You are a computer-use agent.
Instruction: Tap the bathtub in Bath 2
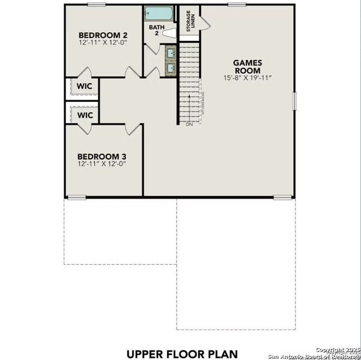coord(157,13)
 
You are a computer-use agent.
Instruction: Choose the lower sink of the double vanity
coord(171,68)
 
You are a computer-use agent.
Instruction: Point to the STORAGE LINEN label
coord(189,22)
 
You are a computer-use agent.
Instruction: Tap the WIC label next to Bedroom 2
coord(83,86)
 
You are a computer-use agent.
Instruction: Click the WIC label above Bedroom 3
coord(85,115)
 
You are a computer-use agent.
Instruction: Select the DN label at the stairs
coord(189,124)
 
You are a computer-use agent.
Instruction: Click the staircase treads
coord(189,84)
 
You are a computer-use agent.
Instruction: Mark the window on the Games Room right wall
coord(294,100)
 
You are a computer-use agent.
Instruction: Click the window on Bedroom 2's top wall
coord(96,5)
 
